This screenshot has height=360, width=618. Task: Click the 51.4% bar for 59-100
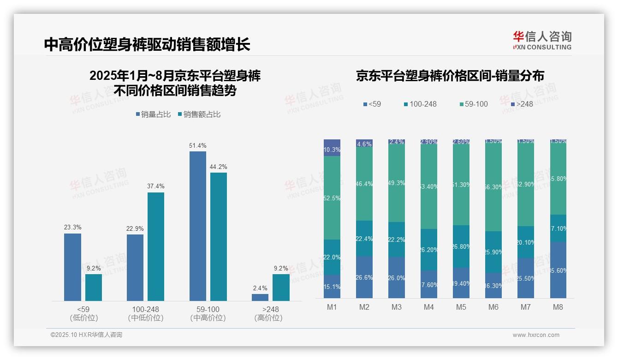198,226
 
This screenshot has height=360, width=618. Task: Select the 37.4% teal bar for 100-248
156,246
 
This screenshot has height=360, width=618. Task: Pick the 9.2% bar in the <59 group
94,287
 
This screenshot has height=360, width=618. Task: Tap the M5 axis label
461,307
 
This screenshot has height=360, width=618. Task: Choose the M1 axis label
332,307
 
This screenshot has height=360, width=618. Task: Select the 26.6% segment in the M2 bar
364,277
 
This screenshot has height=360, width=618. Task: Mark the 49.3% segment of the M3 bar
397,184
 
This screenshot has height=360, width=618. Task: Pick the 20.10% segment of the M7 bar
526,242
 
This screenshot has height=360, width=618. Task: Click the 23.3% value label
72,227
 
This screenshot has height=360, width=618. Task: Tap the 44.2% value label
219,167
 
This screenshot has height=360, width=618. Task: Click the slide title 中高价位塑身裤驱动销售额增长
147,44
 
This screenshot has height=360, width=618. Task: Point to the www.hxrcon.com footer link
536,335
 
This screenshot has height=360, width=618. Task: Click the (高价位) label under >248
268,318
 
